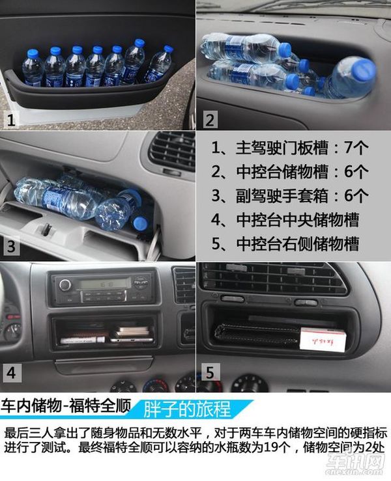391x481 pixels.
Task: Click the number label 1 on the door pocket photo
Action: (x=11, y=120)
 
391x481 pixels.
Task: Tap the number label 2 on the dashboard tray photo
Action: (x=210, y=120)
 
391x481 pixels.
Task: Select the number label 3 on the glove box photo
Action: (x=11, y=246)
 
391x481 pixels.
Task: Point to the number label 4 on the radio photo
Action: (x=11, y=374)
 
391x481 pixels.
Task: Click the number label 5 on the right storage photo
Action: (x=209, y=373)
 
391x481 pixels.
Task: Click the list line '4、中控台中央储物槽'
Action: (x=285, y=220)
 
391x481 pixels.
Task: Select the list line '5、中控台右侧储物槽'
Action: (x=285, y=244)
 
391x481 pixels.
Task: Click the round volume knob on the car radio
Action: (x=65, y=284)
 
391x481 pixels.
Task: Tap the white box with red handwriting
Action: (x=322, y=339)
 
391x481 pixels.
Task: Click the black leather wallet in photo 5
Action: (x=257, y=337)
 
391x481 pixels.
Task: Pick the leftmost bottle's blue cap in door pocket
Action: (x=32, y=53)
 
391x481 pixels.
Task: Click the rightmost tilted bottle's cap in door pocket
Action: (x=167, y=49)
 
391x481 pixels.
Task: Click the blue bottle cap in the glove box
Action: (x=140, y=223)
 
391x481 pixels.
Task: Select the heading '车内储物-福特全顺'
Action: (x=66, y=406)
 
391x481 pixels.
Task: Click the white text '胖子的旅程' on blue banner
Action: (x=187, y=409)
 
